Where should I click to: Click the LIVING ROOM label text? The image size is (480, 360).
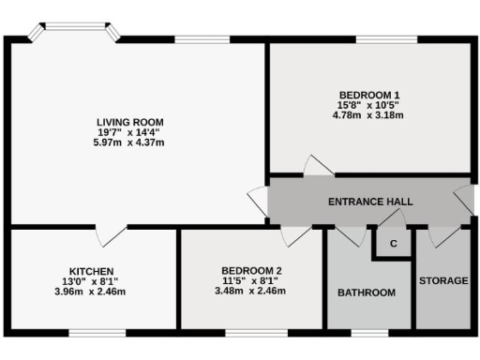(x=130, y=122)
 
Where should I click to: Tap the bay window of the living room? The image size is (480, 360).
(x=72, y=34)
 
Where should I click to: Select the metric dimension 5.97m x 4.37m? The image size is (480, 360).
(x=130, y=142)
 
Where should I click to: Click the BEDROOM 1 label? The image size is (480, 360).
(x=368, y=95)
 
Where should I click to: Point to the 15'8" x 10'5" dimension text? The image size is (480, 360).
(x=368, y=105)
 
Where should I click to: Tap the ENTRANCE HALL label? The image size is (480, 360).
(x=370, y=202)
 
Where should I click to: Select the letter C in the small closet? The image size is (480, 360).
(x=394, y=244)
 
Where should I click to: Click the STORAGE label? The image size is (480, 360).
(x=443, y=280)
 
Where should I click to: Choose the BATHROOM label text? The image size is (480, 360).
(x=367, y=292)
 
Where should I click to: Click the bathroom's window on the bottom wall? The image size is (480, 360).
(x=367, y=331)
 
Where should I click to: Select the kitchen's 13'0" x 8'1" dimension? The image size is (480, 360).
(x=91, y=281)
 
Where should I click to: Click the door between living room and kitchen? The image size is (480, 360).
(x=112, y=234)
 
